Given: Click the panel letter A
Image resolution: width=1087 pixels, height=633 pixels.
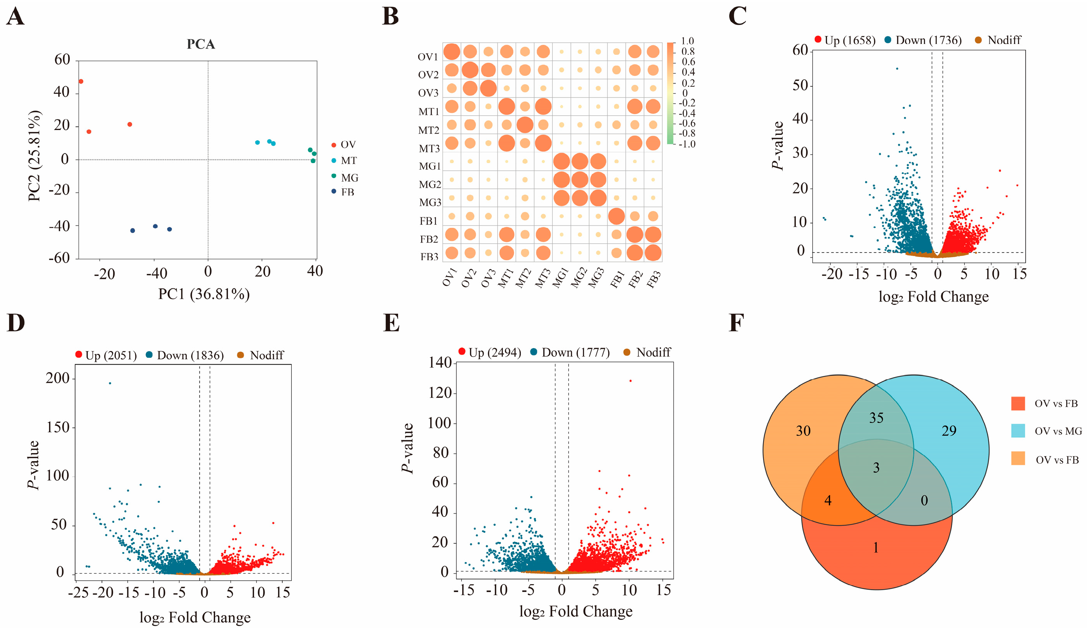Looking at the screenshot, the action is (15, 17).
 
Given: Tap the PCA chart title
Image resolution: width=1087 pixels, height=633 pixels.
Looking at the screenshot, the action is (201, 44).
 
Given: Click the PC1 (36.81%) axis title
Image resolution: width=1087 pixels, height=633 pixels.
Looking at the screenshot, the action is (204, 294).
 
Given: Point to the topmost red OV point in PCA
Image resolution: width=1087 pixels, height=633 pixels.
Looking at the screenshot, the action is (81, 81).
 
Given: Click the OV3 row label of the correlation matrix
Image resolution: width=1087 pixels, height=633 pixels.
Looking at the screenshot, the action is (428, 93).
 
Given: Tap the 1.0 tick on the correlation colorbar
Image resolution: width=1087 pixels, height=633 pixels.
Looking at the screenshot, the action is (687, 41).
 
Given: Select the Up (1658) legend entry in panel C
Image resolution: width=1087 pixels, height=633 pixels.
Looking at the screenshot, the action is (845, 40).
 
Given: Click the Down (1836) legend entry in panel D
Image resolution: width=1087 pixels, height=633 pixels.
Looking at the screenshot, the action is (185, 355).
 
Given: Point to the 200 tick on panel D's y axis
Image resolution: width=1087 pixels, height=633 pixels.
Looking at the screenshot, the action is (57, 378).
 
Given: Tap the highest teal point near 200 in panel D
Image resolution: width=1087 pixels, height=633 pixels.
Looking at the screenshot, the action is (110, 383).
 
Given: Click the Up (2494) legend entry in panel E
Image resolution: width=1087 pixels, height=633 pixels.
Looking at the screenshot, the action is (489, 352).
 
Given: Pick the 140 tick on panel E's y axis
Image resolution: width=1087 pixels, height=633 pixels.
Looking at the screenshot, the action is (440, 363).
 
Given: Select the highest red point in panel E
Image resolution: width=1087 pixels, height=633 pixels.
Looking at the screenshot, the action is (630, 381).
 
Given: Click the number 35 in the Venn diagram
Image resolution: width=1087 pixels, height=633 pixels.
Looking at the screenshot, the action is (876, 418).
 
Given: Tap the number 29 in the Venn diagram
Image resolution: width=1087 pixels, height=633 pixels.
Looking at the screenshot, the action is (949, 431).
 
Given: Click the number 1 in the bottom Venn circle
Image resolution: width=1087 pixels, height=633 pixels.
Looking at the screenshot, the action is (876, 548).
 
